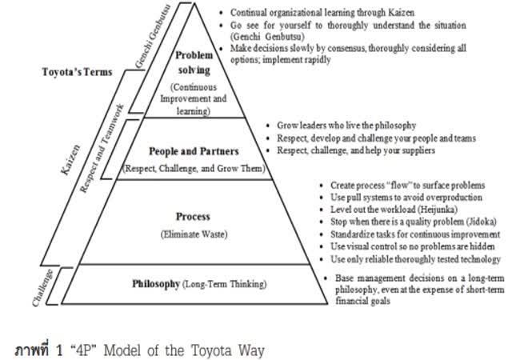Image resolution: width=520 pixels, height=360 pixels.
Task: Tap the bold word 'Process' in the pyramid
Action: (x=193, y=216)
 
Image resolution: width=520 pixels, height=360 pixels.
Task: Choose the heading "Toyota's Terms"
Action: (x=76, y=72)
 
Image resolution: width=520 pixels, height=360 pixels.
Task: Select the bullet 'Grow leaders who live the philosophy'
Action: (x=346, y=126)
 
